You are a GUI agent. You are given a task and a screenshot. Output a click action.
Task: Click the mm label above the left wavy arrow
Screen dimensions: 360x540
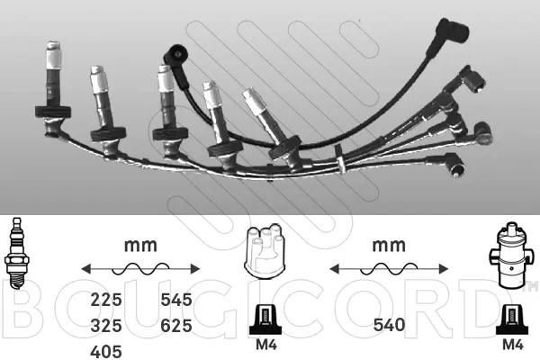[x=138, y=244]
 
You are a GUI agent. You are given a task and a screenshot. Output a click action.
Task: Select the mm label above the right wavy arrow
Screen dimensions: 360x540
[x=387, y=244]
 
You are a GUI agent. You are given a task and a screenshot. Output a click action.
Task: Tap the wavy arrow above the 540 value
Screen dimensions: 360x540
[x=387, y=267]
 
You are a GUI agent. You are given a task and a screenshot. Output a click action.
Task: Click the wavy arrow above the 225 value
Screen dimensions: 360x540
[x=138, y=267]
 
